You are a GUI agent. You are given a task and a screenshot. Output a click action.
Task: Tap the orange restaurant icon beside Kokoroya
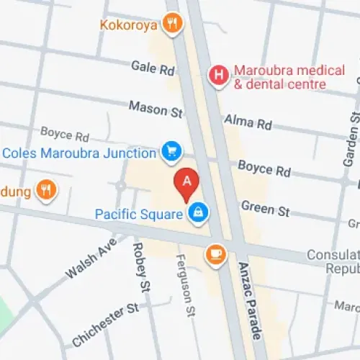click(x=171, y=24)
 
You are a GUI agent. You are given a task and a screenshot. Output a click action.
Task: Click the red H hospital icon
click(x=217, y=74)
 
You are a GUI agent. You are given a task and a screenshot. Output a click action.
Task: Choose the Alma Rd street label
click(x=248, y=121)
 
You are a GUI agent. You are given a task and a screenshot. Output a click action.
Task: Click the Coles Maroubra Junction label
click(x=79, y=153)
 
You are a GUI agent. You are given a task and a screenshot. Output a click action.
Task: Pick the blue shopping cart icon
click(x=171, y=151)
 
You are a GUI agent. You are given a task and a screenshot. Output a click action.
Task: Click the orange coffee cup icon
click(x=215, y=253)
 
